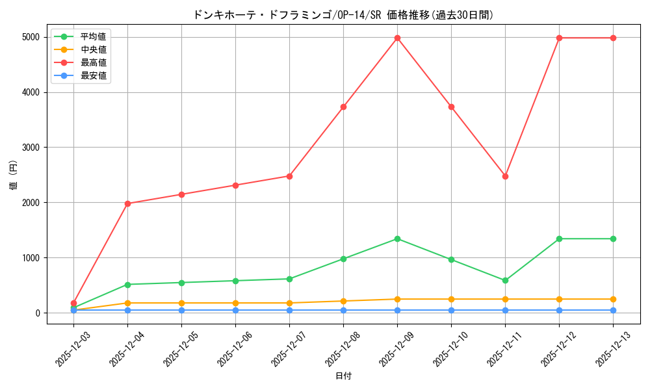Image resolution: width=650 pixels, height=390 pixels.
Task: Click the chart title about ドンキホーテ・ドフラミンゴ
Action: pos(343,15)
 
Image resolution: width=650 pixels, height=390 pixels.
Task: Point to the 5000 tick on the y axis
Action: pos(30,38)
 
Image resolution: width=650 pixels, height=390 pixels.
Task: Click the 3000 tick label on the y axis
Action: pos(30,148)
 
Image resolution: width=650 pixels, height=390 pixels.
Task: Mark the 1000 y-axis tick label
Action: pos(30,258)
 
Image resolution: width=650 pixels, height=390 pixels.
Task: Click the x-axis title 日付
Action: pos(343,376)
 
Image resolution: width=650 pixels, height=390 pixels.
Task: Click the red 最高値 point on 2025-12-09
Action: pos(397,38)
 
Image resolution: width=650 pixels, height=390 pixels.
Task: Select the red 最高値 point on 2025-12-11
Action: pos(505,176)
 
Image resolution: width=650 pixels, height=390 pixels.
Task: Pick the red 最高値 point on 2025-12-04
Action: pos(127,203)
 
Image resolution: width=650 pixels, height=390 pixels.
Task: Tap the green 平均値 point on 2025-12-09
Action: pos(397,239)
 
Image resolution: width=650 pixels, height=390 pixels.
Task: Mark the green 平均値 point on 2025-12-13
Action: pos(613,239)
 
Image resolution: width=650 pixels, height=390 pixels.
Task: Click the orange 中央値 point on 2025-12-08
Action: pos(343,301)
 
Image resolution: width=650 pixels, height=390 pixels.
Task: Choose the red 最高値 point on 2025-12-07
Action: pos(289,176)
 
